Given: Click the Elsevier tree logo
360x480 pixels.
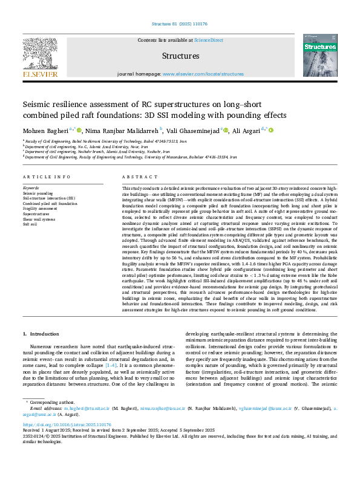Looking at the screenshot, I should [41, 56].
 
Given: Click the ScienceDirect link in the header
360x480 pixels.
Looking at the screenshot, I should [208, 40].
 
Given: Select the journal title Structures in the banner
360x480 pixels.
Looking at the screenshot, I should [180, 56].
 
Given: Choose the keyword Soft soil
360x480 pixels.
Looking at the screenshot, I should [30, 224].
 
